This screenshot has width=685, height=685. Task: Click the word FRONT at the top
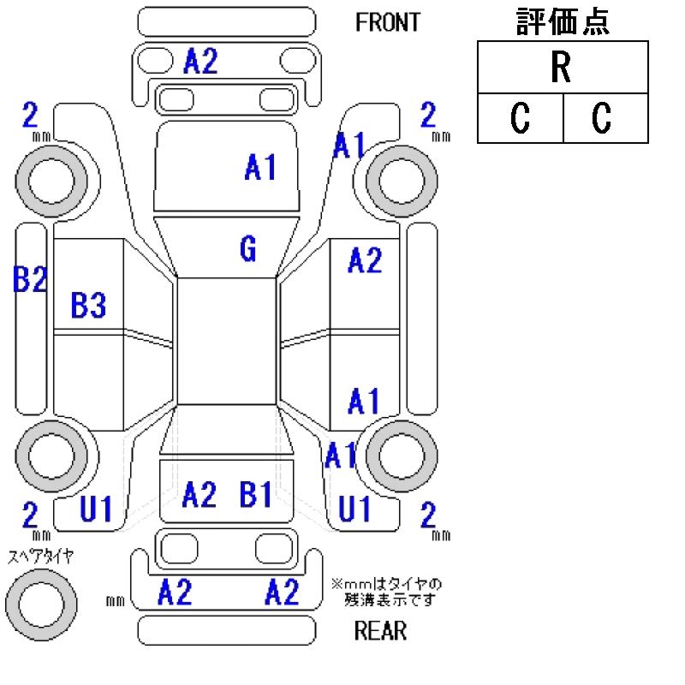[x=388, y=22]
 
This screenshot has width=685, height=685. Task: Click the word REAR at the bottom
[x=380, y=632]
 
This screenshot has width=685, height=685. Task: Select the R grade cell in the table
[x=562, y=68]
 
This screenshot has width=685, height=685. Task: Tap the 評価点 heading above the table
[x=562, y=22]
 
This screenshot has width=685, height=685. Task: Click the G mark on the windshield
[x=247, y=250]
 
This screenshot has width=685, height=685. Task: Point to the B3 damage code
[x=88, y=306]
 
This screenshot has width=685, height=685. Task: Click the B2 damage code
[x=29, y=280]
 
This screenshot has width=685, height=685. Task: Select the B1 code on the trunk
[x=256, y=494]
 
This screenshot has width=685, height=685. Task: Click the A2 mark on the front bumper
[x=200, y=62]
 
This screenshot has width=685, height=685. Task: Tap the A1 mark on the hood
[x=260, y=168]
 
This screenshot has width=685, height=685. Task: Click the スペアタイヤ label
[x=40, y=557]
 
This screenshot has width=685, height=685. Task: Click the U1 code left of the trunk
[x=96, y=511]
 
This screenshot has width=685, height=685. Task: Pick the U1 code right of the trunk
[x=354, y=510]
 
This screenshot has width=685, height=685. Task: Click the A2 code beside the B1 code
[x=200, y=494]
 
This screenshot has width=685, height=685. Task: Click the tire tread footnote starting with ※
[x=386, y=592]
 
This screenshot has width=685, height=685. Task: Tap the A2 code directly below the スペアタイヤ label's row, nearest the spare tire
[x=175, y=592]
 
